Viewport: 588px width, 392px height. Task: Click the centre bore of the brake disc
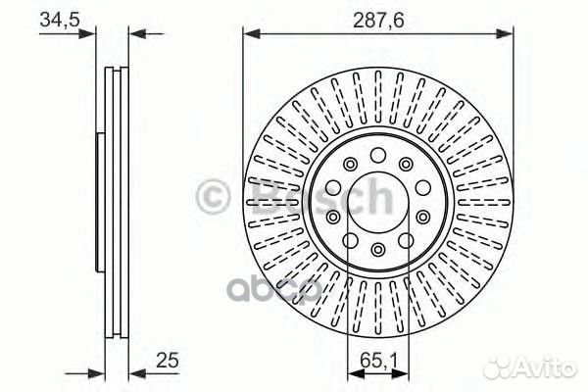click(377, 203)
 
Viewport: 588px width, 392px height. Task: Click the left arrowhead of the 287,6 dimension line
click(250, 34)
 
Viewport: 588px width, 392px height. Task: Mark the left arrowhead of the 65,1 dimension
click(353, 371)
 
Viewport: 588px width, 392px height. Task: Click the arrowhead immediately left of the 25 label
click(135, 371)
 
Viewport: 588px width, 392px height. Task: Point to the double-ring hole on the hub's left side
click(333, 216)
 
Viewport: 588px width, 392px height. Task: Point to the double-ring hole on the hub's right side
click(422, 216)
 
